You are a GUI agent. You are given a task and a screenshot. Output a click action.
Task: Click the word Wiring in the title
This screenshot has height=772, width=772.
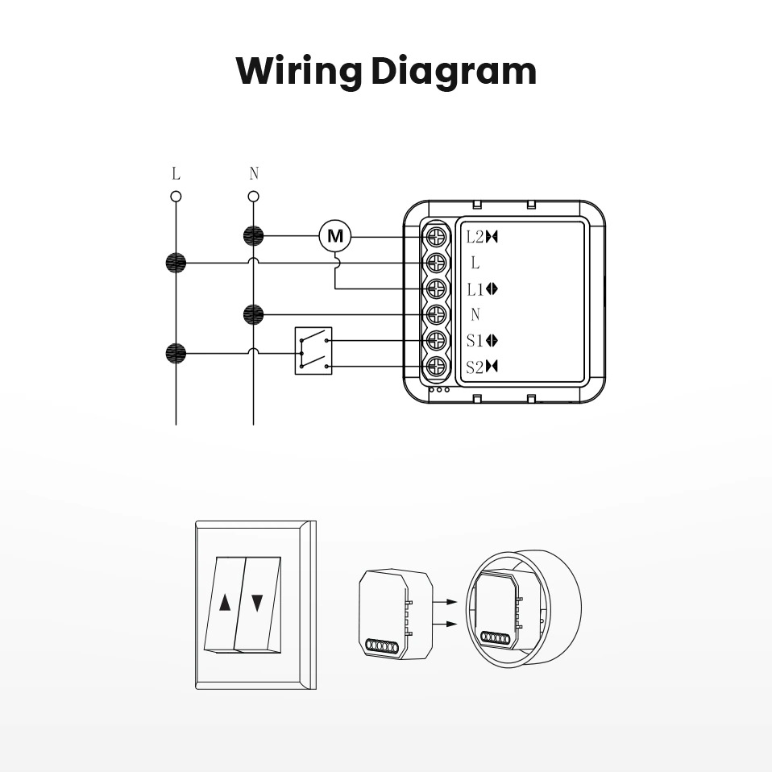coord(298,72)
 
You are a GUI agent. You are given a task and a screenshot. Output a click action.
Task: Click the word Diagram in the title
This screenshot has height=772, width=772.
coord(454,72)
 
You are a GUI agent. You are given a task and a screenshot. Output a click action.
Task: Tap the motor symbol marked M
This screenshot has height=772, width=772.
coord(335,236)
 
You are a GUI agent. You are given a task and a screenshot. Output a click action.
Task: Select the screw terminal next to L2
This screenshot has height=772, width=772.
coord(436,237)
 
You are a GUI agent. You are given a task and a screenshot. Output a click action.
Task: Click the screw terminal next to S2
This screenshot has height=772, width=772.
coord(436,367)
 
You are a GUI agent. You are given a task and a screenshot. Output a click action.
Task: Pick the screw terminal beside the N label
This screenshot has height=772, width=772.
coord(436,314)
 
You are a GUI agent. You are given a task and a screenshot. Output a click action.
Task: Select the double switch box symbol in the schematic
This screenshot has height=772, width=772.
coord(313,351)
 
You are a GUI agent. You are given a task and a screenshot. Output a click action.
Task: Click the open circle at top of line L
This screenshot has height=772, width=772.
coord(176,196)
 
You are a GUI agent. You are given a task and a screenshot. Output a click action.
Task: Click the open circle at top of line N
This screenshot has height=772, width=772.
coord(254,196)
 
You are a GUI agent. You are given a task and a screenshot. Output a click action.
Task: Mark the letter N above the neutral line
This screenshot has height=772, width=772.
coord(254,173)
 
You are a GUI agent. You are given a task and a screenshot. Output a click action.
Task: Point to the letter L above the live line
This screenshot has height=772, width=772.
coord(176,173)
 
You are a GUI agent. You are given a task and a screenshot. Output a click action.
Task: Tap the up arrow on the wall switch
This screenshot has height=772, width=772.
coord(225,602)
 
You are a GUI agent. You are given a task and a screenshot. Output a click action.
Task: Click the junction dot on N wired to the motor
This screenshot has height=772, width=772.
coord(254,236)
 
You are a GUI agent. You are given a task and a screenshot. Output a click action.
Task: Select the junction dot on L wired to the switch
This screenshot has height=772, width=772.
coord(176,352)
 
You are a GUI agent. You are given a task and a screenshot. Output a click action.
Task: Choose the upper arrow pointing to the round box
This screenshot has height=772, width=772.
coord(445,601)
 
